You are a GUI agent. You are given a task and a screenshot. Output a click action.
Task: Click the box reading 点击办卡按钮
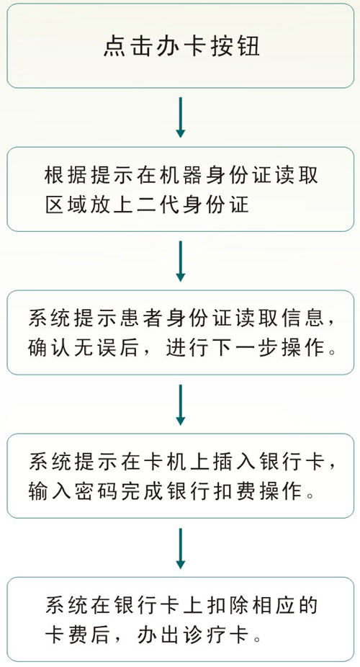coord(180,46)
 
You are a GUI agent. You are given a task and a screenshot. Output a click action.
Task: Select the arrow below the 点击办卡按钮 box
coord(181,117)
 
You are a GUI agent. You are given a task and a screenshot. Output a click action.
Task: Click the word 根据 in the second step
coord(64,176)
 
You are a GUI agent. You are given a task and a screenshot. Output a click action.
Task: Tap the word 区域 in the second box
coord(64,205)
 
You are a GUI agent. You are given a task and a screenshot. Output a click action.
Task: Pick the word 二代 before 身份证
coord(156,205)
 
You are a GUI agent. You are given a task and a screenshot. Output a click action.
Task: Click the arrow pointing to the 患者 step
coord(181,261)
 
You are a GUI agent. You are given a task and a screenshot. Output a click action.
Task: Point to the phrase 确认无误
coord(74,349)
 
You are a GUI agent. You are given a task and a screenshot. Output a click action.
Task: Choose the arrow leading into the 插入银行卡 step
coord(181,405)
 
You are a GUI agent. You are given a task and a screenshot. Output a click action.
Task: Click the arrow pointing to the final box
coord(181,549)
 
